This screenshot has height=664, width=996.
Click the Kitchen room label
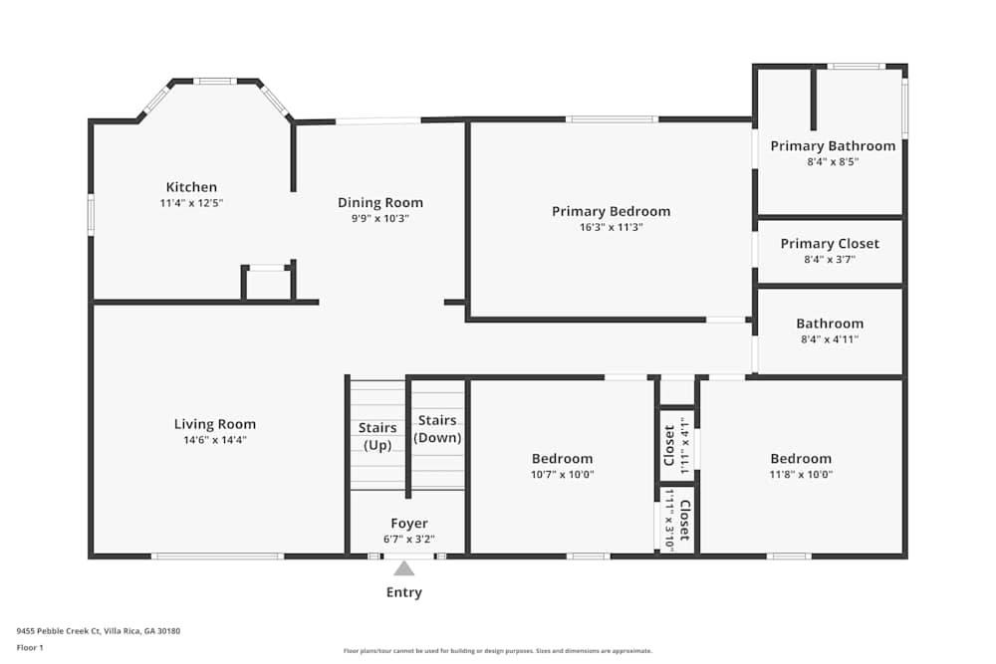[x=191, y=187]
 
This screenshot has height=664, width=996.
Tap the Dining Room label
[x=373, y=203]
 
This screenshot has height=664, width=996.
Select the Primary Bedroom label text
[x=611, y=211]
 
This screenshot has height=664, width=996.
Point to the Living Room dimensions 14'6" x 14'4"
[x=215, y=440]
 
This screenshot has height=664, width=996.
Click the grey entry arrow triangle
[x=403, y=568]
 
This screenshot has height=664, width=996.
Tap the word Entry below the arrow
[x=403, y=592]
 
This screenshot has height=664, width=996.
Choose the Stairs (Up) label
[x=376, y=436]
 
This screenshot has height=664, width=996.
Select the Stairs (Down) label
[x=436, y=429]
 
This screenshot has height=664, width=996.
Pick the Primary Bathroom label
[x=833, y=146]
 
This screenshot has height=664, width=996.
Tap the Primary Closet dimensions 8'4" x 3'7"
[x=830, y=259]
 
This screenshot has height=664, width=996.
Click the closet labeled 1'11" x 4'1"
[x=675, y=445]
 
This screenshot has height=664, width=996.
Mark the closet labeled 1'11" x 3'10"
[x=677, y=520]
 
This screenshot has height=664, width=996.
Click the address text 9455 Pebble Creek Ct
[x=98, y=631]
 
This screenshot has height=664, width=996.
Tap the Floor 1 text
[x=30, y=647]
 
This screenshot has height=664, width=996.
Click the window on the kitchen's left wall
[x=91, y=214]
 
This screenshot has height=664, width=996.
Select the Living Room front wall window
[x=217, y=555]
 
